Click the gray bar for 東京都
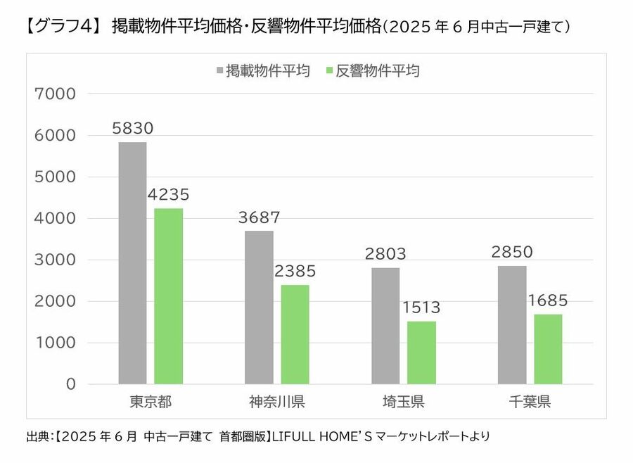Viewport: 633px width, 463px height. click(x=132, y=263)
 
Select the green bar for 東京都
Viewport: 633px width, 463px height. click(x=169, y=296)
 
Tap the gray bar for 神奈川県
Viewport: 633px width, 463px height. click(x=259, y=307)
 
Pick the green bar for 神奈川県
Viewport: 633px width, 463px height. click(x=295, y=334)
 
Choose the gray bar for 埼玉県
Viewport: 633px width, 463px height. click(x=385, y=326)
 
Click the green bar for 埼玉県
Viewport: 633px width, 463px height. click(x=422, y=353)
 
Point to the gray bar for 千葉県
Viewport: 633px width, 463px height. click(x=512, y=325)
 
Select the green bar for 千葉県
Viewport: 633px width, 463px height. click(x=549, y=349)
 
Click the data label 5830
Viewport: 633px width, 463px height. click(x=132, y=129)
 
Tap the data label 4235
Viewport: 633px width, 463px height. click(x=169, y=195)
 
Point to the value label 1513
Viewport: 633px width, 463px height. click(x=422, y=307)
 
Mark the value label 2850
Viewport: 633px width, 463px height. click(x=512, y=252)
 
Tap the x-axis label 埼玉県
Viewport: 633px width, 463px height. click(x=403, y=402)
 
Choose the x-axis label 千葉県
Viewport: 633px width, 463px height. click(x=530, y=402)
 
